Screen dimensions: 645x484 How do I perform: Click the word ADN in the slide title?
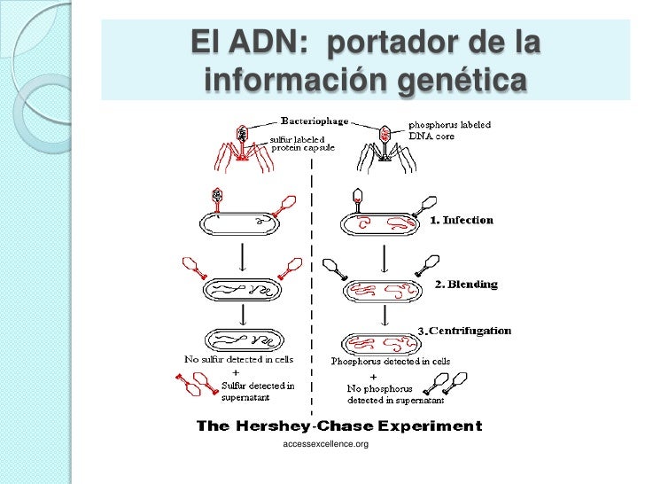(x=268, y=42)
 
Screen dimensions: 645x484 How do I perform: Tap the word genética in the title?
(x=462, y=80)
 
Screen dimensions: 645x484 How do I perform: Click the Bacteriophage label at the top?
(x=315, y=121)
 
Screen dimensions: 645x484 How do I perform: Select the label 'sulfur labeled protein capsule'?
(x=302, y=144)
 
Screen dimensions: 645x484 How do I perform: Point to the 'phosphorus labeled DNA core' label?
(x=449, y=130)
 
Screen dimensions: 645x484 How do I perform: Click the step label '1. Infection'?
(x=462, y=220)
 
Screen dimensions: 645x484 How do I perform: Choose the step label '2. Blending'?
(x=466, y=284)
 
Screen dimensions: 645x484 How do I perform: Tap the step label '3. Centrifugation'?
(x=464, y=331)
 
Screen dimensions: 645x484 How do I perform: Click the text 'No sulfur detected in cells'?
(x=238, y=359)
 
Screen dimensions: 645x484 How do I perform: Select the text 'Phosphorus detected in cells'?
(x=391, y=362)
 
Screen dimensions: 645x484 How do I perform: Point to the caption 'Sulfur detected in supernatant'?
(x=258, y=392)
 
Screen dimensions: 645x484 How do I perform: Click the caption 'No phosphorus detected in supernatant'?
(x=395, y=394)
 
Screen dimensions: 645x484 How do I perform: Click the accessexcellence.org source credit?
(x=325, y=444)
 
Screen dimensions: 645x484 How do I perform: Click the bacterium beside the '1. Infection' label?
(x=380, y=224)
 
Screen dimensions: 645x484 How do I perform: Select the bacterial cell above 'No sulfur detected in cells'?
(x=245, y=340)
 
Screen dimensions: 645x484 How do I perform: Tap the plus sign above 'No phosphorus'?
(x=373, y=377)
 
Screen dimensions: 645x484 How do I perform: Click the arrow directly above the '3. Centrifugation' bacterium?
(x=385, y=316)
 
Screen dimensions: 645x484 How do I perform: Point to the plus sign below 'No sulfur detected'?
(x=236, y=373)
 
